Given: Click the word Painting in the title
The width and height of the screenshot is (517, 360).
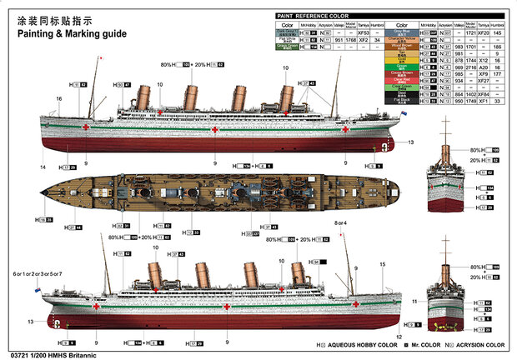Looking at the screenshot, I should coord(34,35).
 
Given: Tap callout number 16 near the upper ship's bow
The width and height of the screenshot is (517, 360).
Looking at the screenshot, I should coord(59,98).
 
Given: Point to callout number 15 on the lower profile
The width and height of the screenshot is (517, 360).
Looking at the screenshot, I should coord(381,265).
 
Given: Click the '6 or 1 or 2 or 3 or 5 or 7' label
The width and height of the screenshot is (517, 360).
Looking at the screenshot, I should coord(38,273).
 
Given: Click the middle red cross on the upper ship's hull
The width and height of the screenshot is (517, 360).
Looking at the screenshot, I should coord(213,130).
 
